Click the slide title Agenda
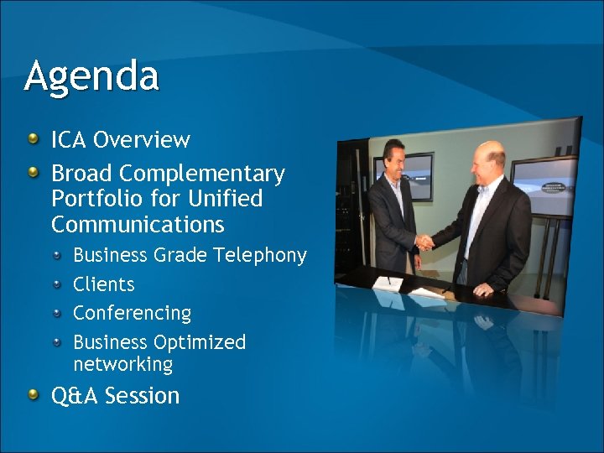[x=91, y=76]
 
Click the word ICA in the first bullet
[x=70, y=139]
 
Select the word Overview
[x=142, y=139]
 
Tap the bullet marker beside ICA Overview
[x=33, y=138]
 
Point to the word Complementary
[x=202, y=174]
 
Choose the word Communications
[x=138, y=225]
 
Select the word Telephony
[x=260, y=255]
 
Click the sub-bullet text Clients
[x=103, y=284]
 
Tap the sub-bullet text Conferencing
[x=132, y=313]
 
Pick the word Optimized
[x=200, y=342]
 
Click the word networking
[x=122, y=364]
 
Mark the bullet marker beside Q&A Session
[x=33, y=395]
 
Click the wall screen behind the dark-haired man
[x=417, y=176]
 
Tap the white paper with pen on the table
[x=388, y=284]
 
